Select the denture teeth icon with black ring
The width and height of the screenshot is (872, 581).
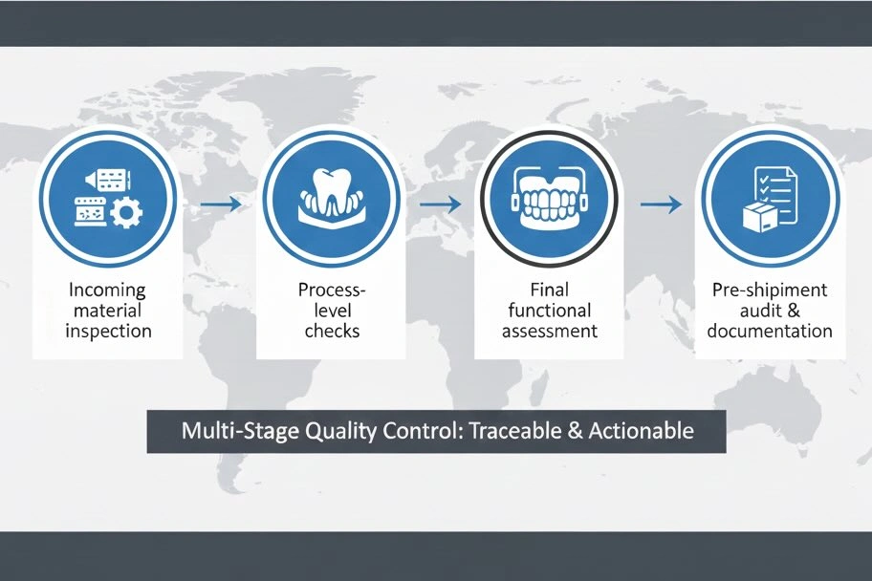pos(549,202)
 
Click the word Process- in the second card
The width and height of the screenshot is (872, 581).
pos(331,290)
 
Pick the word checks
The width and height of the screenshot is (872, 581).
pos(331,331)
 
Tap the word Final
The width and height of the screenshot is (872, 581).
pos(549,290)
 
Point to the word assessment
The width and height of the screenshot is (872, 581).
pos(549,331)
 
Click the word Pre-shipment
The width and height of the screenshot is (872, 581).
pos(771,290)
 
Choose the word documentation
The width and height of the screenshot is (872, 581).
pos(771,331)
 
